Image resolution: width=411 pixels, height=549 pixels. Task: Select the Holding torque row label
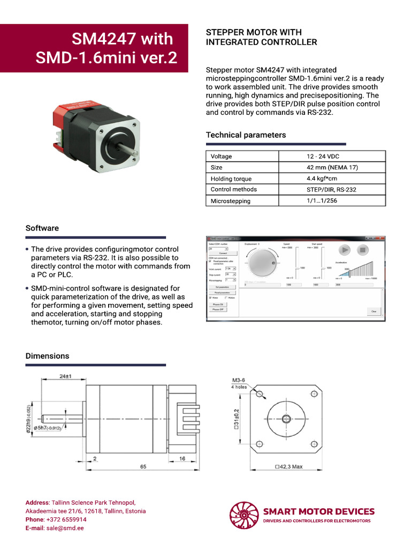coord(231,179)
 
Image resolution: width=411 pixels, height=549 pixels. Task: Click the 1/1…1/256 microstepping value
coord(322,201)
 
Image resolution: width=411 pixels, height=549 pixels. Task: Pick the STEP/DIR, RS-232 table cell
coord(331,190)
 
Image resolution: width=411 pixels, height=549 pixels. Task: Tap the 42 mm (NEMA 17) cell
coord(332,168)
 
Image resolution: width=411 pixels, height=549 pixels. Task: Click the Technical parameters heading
coord(246,135)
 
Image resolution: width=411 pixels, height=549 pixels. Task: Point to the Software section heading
coord(42,228)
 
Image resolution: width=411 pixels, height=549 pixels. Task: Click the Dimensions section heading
coord(47,356)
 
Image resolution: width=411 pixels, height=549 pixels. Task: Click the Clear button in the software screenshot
coord(374,311)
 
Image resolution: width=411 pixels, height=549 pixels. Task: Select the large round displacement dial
coord(260,264)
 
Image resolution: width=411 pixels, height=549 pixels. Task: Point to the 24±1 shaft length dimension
coord(66,377)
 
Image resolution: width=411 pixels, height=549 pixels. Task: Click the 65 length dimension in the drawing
coord(143,467)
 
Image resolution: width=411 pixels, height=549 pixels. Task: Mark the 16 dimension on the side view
coord(182,459)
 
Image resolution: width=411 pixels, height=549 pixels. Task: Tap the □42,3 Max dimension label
coord(288,467)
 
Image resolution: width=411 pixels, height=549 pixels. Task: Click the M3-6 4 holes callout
coord(239,383)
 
